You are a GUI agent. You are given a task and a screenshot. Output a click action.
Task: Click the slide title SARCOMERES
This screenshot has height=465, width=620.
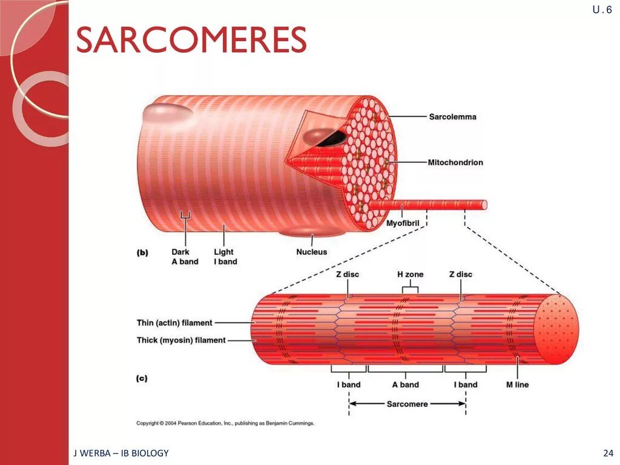coord(191,40)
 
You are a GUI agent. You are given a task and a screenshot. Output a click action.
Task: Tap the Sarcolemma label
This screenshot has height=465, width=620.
coord(452,117)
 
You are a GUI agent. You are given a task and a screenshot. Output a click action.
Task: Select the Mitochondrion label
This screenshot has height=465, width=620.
coord(455,162)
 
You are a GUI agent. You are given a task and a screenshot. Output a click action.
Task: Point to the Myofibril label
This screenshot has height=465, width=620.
coord(403,223)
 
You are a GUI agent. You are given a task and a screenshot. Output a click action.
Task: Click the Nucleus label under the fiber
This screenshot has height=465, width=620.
coord(311,252)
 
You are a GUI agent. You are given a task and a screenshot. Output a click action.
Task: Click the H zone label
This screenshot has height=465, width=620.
coord(410,274)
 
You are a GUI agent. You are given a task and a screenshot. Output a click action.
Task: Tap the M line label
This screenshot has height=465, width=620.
coord(517,384)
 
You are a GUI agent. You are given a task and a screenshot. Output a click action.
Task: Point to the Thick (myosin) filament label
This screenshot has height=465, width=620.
coord(180,340)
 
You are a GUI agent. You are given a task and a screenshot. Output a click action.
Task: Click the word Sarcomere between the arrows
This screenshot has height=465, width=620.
coord(407,404)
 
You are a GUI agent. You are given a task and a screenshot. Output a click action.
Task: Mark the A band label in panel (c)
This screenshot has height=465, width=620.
coord(405,384)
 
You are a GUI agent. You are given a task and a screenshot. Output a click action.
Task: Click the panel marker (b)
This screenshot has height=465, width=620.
coord(142,253)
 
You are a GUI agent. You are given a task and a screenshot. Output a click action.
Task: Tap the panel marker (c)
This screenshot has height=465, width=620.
coord(142,379)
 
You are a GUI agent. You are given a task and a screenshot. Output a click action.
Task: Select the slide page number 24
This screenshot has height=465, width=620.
coord(608,453)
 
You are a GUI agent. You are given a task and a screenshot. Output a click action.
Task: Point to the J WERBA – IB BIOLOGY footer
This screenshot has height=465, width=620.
coord(120,453)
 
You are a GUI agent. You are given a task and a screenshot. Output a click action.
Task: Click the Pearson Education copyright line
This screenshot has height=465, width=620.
coord(225,423)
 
